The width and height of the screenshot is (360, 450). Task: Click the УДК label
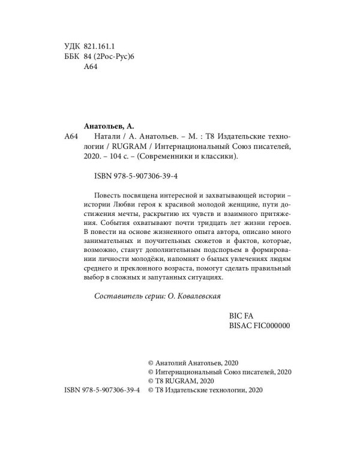pyautogui.click(x=72, y=45)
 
